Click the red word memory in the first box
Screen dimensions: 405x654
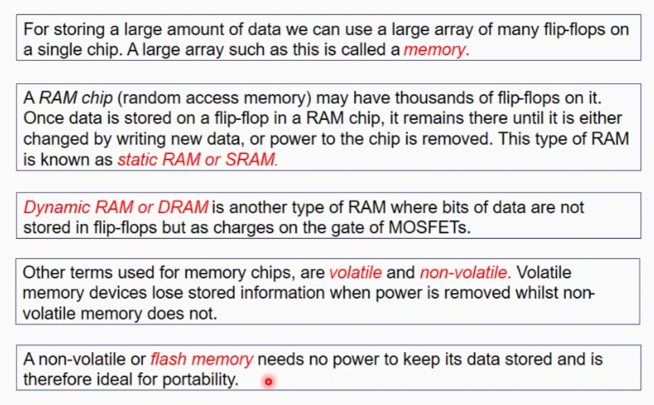coord(435,50)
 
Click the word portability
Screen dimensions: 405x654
coord(200,379)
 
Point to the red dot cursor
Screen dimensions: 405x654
coord(268,382)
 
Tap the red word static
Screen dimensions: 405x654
coord(137,160)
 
